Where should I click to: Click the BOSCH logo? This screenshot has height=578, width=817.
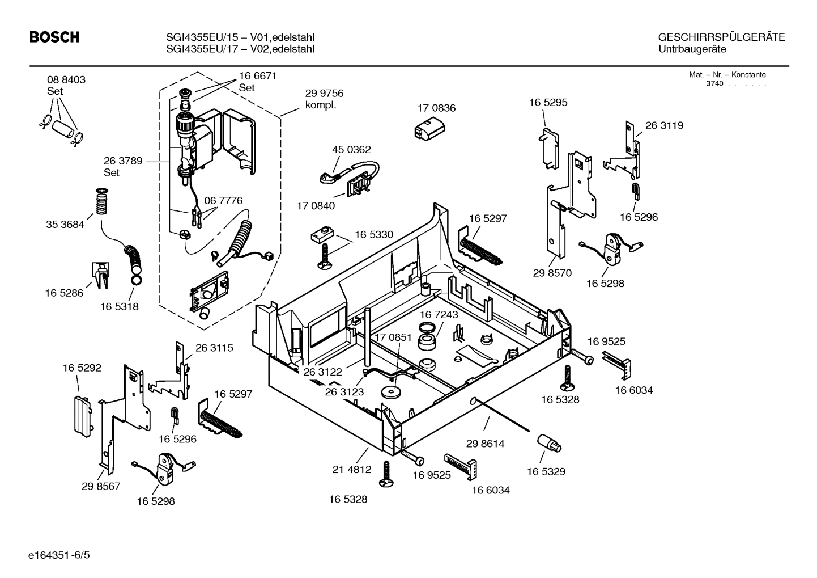pyautogui.click(x=54, y=38)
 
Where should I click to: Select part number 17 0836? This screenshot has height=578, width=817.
pyautogui.click(x=436, y=108)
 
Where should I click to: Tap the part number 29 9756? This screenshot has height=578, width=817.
pyautogui.click(x=324, y=94)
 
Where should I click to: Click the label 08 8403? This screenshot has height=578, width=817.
pyautogui.click(x=66, y=80)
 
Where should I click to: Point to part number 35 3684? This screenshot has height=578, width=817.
pyautogui.click(x=65, y=225)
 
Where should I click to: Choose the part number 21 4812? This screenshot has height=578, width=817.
pyautogui.click(x=352, y=469)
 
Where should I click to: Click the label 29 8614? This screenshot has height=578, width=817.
pyautogui.click(x=485, y=444)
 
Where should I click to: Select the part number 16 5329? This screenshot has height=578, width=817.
pyautogui.click(x=546, y=471)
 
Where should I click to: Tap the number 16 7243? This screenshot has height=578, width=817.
pyautogui.click(x=439, y=314)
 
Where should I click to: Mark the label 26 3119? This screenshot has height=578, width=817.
pyautogui.click(x=664, y=126)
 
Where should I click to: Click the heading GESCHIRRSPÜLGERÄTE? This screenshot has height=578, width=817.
pyautogui.click(x=721, y=37)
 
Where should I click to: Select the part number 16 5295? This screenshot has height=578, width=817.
pyautogui.click(x=548, y=103)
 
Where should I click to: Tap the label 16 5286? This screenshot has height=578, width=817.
pyautogui.click(x=64, y=293)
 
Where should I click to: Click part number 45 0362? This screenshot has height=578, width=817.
pyautogui.click(x=351, y=150)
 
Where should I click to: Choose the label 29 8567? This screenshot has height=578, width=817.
pyautogui.click(x=101, y=486)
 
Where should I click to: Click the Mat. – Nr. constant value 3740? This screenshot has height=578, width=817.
pyautogui.click(x=714, y=83)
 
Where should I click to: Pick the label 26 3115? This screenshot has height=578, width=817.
pyautogui.click(x=214, y=348)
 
